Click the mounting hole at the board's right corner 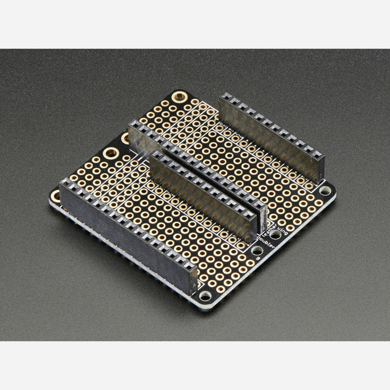(x=325, y=191)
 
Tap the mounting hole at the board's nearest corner (x=205, y=295)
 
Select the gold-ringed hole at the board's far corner (x=179, y=96)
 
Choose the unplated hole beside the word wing (x=275, y=235)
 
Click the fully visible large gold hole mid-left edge (x=110, y=153)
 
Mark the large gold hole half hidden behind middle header (x=125, y=136)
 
